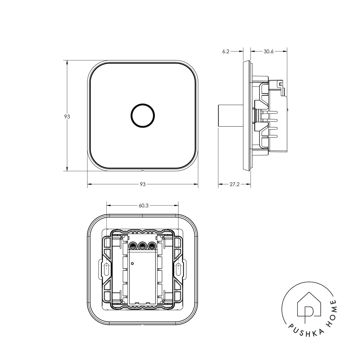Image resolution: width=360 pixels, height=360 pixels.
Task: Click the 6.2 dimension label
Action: [x=226, y=51]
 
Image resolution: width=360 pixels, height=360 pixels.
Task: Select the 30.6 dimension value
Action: [x=268, y=51]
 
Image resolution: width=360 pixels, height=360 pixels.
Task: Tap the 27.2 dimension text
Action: [x=234, y=184]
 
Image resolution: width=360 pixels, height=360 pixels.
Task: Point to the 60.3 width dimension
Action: [x=144, y=206]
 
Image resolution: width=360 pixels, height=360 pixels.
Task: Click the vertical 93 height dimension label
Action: [x=67, y=117]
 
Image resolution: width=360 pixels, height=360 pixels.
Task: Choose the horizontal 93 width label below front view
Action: [x=143, y=184]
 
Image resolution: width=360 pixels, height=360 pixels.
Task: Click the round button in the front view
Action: [x=143, y=115]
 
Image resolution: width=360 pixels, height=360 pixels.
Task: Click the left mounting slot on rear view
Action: [x=106, y=270]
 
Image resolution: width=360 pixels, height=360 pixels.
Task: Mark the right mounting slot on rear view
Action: [x=178, y=270]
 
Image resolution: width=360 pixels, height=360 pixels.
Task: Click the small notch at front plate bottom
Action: [x=142, y=171]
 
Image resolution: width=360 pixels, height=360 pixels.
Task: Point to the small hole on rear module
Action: [x=132, y=263]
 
